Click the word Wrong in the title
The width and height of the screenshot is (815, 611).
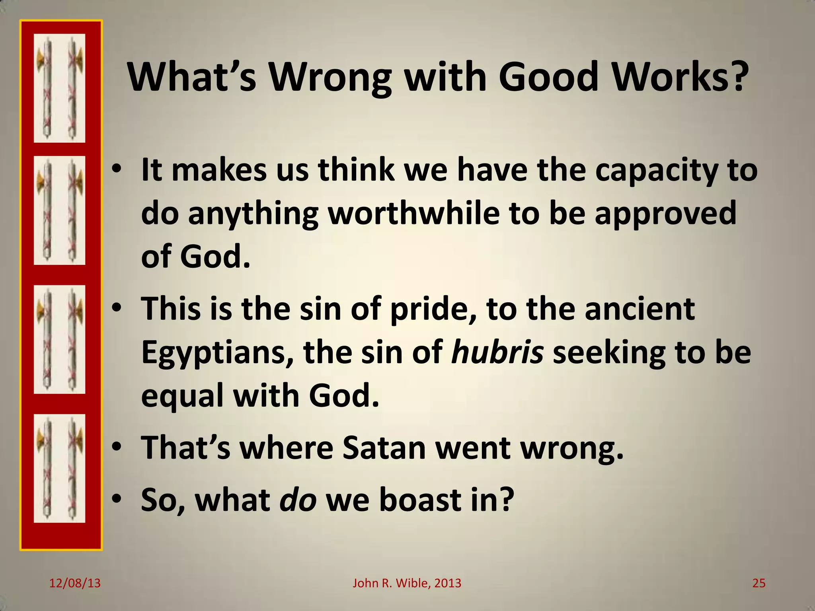tap(331, 78)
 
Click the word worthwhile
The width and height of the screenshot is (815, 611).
tap(413, 213)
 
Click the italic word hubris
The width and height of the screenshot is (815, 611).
tap(497, 352)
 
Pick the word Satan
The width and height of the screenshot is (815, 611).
tap(384, 448)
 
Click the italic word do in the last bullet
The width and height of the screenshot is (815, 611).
tap(298, 500)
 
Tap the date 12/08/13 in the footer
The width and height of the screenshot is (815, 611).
tap(75, 583)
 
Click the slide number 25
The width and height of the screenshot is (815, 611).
tap(758, 583)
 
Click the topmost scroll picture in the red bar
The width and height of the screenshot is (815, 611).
tap(60, 88)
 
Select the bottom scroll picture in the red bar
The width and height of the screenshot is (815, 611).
tap(60, 468)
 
